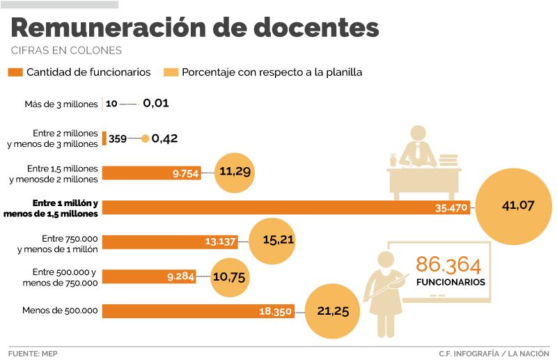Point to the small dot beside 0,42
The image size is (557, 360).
point(145,139)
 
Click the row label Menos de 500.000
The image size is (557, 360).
point(65,309)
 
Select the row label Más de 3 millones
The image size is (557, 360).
point(61,104)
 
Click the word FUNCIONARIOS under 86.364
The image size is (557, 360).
point(450,283)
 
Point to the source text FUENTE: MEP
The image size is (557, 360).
point(33,352)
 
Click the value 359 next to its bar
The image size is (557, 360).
point(118,139)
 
